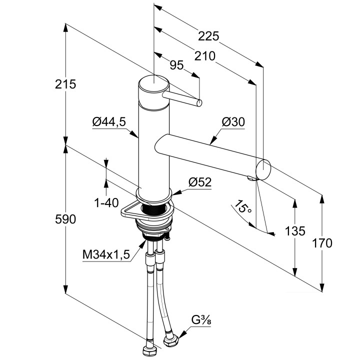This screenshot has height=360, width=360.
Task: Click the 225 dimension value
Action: [208, 36]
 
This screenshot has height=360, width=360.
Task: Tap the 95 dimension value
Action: [176, 65]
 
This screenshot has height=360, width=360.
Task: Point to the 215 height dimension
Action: [66, 84]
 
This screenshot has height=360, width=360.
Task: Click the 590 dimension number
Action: [65, 219]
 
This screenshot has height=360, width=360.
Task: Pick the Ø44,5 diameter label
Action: [108, 121]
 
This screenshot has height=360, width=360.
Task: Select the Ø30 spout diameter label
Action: [233, 121]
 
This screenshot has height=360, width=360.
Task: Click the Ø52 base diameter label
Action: [199, 183]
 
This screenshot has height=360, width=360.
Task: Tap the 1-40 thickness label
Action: [105, 203]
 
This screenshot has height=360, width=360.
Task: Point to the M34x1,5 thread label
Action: [106, 254]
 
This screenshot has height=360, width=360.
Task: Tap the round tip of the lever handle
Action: [199, 103]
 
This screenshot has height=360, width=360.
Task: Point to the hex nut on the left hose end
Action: [148, 348]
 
